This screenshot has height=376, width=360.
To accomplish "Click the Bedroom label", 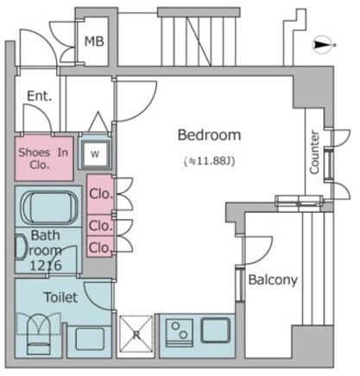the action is (x=209, y=135).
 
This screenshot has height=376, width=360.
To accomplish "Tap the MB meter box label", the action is (x=94, y=41).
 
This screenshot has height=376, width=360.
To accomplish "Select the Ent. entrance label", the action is (x=40, y=96).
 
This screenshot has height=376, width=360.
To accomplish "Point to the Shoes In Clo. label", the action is (x=43, y=159).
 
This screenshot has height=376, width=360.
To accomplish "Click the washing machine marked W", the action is (x=95, y=154).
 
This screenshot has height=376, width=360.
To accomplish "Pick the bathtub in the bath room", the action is (x=49, y=207).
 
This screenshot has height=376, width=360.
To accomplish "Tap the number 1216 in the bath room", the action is (x=46, y=266).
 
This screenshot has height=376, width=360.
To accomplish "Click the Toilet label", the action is (x=60, y=298).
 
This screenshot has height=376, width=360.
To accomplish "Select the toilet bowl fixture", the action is (x=39, y=335).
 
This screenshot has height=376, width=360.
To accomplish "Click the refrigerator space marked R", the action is (x=136, y=334).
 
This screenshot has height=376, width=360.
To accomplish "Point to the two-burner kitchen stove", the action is (x=179, y=333).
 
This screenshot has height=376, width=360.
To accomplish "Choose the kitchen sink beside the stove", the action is (x=216, y=330).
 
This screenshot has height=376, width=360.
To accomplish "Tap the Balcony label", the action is (x=273, y=279).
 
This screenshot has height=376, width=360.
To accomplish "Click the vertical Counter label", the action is (x=314, y=152).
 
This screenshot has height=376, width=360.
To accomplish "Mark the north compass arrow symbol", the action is (x=322, y=45).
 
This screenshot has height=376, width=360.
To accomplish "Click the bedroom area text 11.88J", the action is (x=210, y=161).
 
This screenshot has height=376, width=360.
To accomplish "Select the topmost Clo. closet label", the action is (x=101, y=194).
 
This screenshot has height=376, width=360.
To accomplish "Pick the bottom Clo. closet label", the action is (x=100, y=248).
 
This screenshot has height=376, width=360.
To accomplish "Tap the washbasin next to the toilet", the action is (x=90, y=339).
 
